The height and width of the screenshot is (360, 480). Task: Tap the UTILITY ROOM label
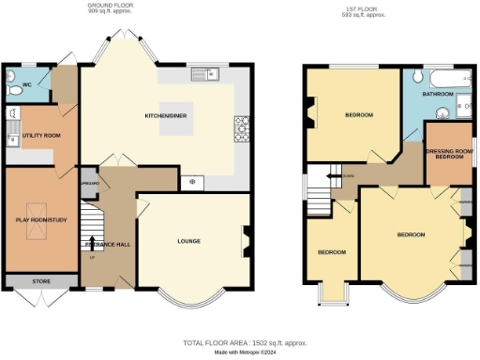click(x=41, y=136)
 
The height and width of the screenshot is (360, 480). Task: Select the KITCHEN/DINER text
click(x=165, y=117)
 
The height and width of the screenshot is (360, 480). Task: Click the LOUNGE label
click(x=190, y=240)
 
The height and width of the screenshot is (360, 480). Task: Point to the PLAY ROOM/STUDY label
click(x=38, y=219)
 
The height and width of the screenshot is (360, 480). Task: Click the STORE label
click(x=39, y=280)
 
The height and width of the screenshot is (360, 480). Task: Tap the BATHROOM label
click(x=438, y=95)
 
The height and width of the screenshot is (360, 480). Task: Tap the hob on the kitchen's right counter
click(x=240, y=127)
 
